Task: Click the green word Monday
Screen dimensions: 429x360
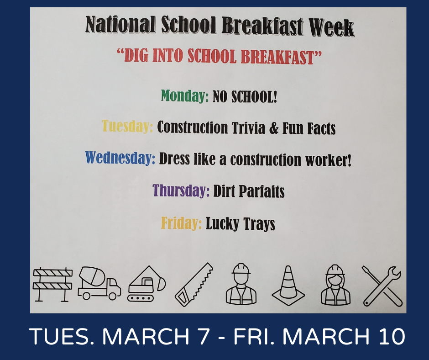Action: tap(185, 96)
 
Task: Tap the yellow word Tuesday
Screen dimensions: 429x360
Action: tap(127, 126)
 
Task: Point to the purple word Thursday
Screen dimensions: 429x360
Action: tap(181, 190)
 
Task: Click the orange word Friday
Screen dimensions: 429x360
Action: tap(181, 223)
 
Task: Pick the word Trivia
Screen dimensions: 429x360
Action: tap(248, 128)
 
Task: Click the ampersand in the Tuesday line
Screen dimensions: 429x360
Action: tap(273, 128)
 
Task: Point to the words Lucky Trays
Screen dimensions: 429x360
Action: tap(240, 224)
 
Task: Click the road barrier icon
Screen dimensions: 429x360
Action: tap(53, 284)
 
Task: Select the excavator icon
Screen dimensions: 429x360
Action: tap(146, 284)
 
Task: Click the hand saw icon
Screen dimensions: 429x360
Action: tap(194, 284)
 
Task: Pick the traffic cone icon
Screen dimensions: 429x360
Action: tap(288, 285)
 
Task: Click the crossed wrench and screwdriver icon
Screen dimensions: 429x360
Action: tap(382, 286)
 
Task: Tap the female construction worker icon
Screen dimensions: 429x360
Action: tap(335, 285)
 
